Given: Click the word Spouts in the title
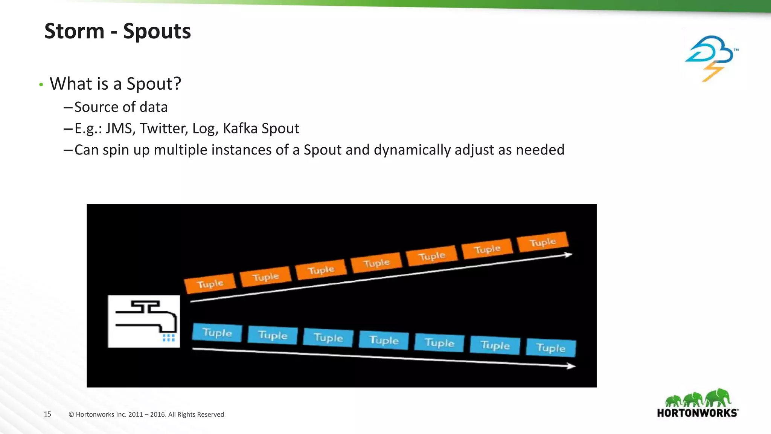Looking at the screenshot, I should [157, 31].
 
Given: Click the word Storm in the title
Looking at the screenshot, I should [74, 31].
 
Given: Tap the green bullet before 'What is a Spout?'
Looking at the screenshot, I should [41, 85].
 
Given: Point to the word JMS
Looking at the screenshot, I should [119, 128].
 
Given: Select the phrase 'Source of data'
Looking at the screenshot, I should [121, 107].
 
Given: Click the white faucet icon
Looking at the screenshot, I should [144, 321].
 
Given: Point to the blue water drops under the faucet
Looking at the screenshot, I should [168, 338].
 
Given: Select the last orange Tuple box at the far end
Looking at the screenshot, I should [542, 242].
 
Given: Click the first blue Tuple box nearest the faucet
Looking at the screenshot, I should [217, 333].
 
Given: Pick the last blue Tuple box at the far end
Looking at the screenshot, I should [550, 348].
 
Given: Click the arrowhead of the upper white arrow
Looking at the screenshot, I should [568, 255].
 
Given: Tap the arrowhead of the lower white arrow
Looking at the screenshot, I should [572, 366].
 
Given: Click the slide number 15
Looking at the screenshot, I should [47, 414].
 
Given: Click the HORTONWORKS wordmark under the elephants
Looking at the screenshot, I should [697, 413].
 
